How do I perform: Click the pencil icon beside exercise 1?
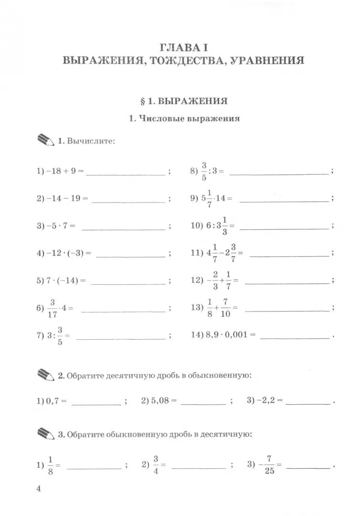point(45,140)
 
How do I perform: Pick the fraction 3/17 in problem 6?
point(53,308)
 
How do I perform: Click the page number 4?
point(40,489)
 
